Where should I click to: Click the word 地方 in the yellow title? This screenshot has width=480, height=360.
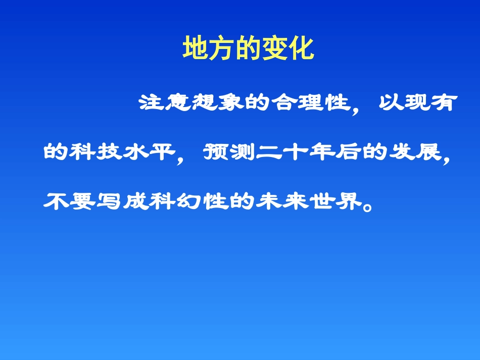[209, 49]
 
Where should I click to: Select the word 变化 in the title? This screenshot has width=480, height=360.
[288, 49]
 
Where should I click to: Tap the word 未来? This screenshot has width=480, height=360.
[283, 201]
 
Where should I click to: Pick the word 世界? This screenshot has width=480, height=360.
[336, 201]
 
